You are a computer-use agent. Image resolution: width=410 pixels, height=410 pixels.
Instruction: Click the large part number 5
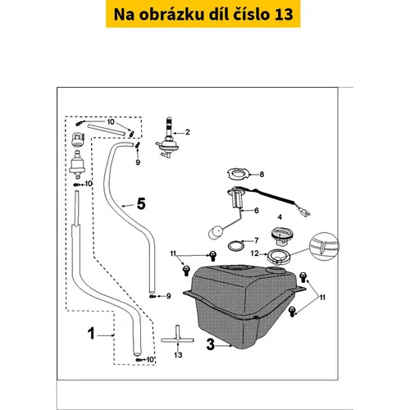click(x=141, y=204)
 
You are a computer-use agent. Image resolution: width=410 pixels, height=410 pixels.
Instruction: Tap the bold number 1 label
click(x=91, y=334)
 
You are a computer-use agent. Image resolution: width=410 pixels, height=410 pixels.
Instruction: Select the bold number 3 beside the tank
click(x=211, y=344)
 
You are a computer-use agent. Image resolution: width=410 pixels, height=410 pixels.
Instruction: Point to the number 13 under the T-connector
click(x=178, y=355)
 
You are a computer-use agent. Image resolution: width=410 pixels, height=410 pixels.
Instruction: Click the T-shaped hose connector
click(x=177, y=337)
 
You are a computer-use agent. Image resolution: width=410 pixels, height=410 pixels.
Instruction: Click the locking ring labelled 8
click(x=239, y=174)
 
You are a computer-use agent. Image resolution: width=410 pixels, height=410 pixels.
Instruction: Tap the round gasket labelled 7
click(x=235, y=246)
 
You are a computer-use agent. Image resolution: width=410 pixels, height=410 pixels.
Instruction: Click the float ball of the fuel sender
click(x=216, y=232)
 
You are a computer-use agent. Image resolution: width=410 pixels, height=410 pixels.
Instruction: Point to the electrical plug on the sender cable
click(x=304, y=212)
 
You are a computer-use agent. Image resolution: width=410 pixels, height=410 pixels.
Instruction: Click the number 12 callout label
click(x=254, y=253)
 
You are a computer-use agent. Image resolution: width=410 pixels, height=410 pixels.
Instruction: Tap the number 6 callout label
click(x=257, y=211)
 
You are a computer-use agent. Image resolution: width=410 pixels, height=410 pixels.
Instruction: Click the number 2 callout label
click(x=188, y=132)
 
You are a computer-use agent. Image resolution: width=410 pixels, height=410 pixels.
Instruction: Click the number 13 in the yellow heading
click(x=284, y=14)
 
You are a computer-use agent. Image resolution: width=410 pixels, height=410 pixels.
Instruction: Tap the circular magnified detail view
click(x=324, y=246)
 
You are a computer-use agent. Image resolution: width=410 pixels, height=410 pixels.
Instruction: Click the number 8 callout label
click(x=262, y=174)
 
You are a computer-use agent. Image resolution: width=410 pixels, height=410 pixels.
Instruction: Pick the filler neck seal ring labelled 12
click(x=278, y=257)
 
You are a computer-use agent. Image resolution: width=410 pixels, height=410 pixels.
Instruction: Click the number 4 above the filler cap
click(x=280, y=217)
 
